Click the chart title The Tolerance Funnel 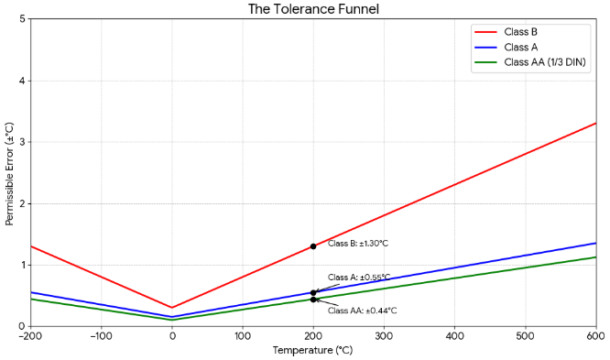313,9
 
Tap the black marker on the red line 313,246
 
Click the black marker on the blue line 313,292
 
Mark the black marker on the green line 313,300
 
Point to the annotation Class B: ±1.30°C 358,244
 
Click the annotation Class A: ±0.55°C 359,277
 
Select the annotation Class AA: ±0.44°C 362,311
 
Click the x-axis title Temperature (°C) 313,350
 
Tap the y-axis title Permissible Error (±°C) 9,173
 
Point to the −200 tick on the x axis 31,335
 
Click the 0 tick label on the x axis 172,335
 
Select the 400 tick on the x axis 455,335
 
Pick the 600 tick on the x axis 596,335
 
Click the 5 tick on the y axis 21,19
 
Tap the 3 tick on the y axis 21,142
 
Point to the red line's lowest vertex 172,308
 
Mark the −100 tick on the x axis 101,335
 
